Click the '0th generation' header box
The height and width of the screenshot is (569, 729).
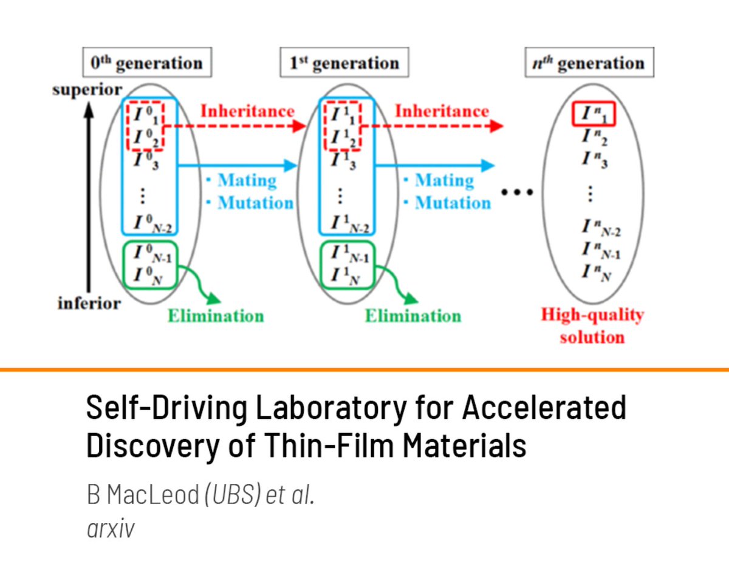click(x=143, y=63)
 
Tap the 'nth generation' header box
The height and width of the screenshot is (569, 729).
click(x=589, y=63)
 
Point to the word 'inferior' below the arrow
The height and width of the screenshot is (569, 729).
click(x=89, y=302)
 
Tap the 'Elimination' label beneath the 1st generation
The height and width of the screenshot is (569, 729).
click(x=413, y=316)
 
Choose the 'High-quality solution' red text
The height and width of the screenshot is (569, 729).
click(x=592, y=326)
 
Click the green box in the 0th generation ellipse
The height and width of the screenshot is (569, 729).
click(x=149, y=265)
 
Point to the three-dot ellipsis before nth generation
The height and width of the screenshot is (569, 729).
click(x=517, y=193)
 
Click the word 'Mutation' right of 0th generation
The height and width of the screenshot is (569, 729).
click(x=255, y=203)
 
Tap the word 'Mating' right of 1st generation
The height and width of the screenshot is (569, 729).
click(x=445, y=181)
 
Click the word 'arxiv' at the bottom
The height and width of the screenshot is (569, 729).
click(x=111, y=528)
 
